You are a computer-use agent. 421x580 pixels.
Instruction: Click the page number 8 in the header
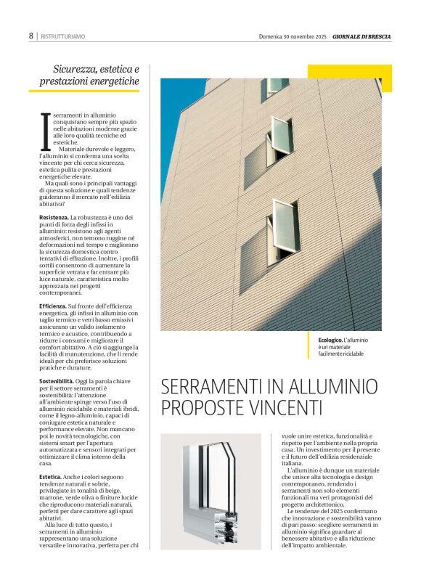pyautogui.click(x=31, y=36)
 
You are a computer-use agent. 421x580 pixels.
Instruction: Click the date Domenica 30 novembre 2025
pyautogui.click(x=293, y=36)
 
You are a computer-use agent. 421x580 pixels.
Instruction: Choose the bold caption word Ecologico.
pyautogui.click(x=330, y=340)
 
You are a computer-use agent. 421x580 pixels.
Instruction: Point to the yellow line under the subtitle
pyautogui.click(x=83, y=91)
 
